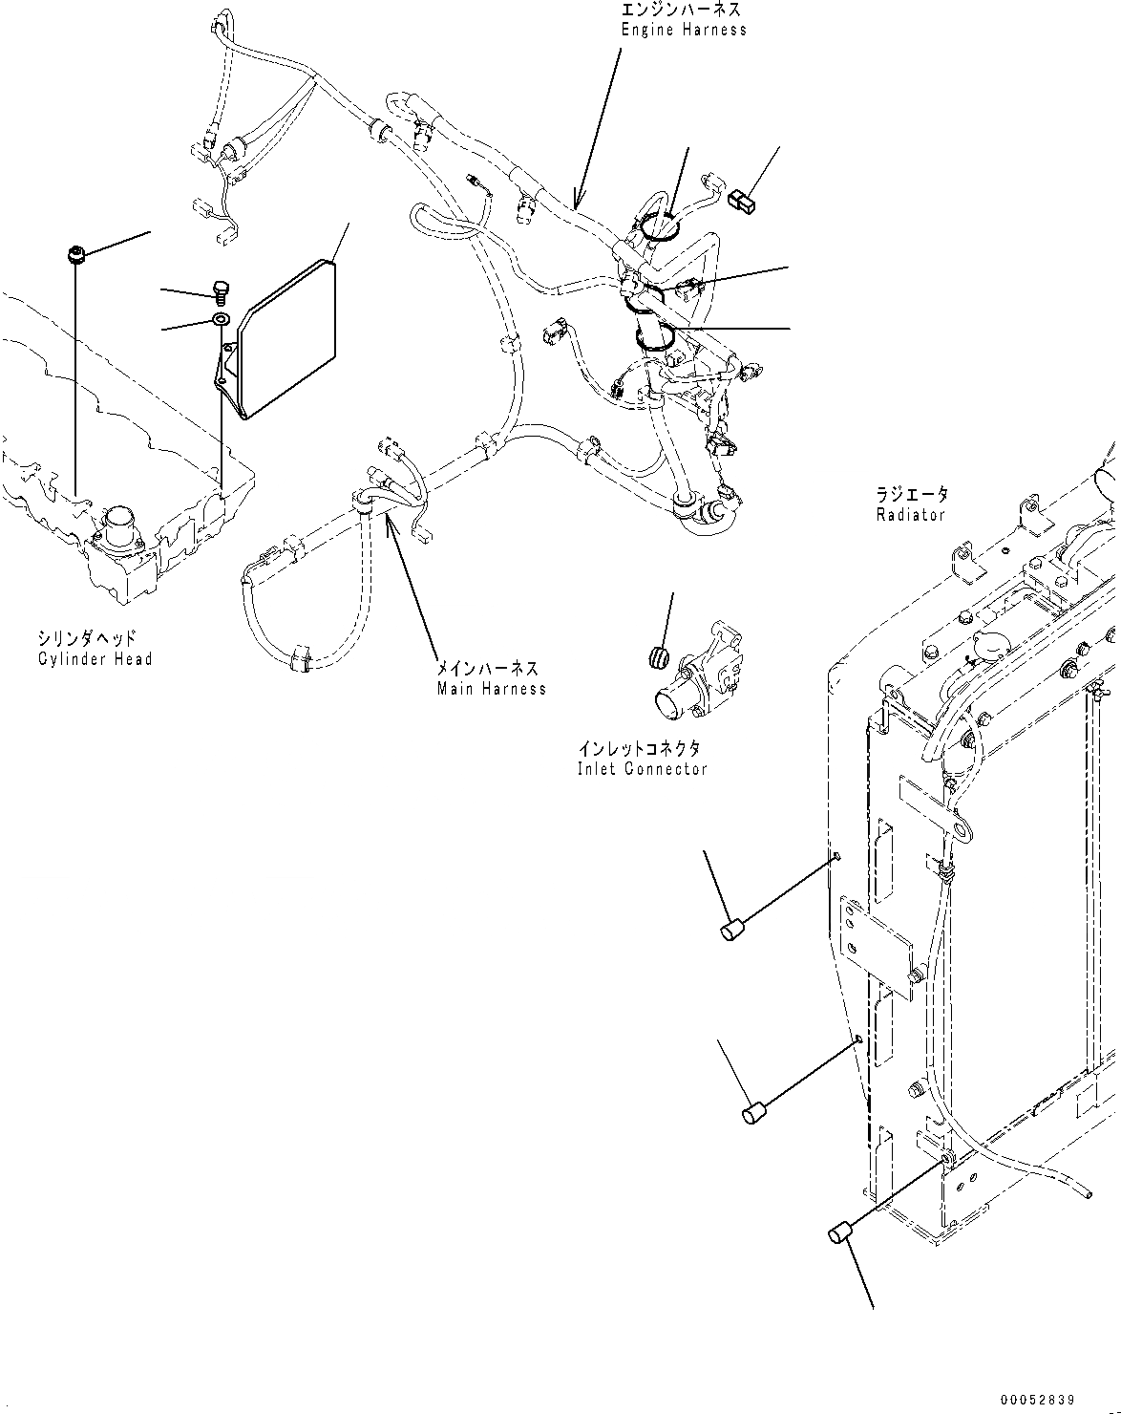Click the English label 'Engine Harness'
(684, 30)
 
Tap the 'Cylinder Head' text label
(95, 659)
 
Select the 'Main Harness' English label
(492, 689)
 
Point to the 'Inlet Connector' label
(642, 769)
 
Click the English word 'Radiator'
(910, 515)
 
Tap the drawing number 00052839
(1038, 1401)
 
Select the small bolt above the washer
(221, 289)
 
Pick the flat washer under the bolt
(221, 320)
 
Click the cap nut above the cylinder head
(76, 254)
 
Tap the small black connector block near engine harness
(741, 201)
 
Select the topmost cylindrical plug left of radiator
(732, 930)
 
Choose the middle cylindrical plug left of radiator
(756, 1112)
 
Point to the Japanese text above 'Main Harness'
(487, 670)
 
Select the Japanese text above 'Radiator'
(913, 495)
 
